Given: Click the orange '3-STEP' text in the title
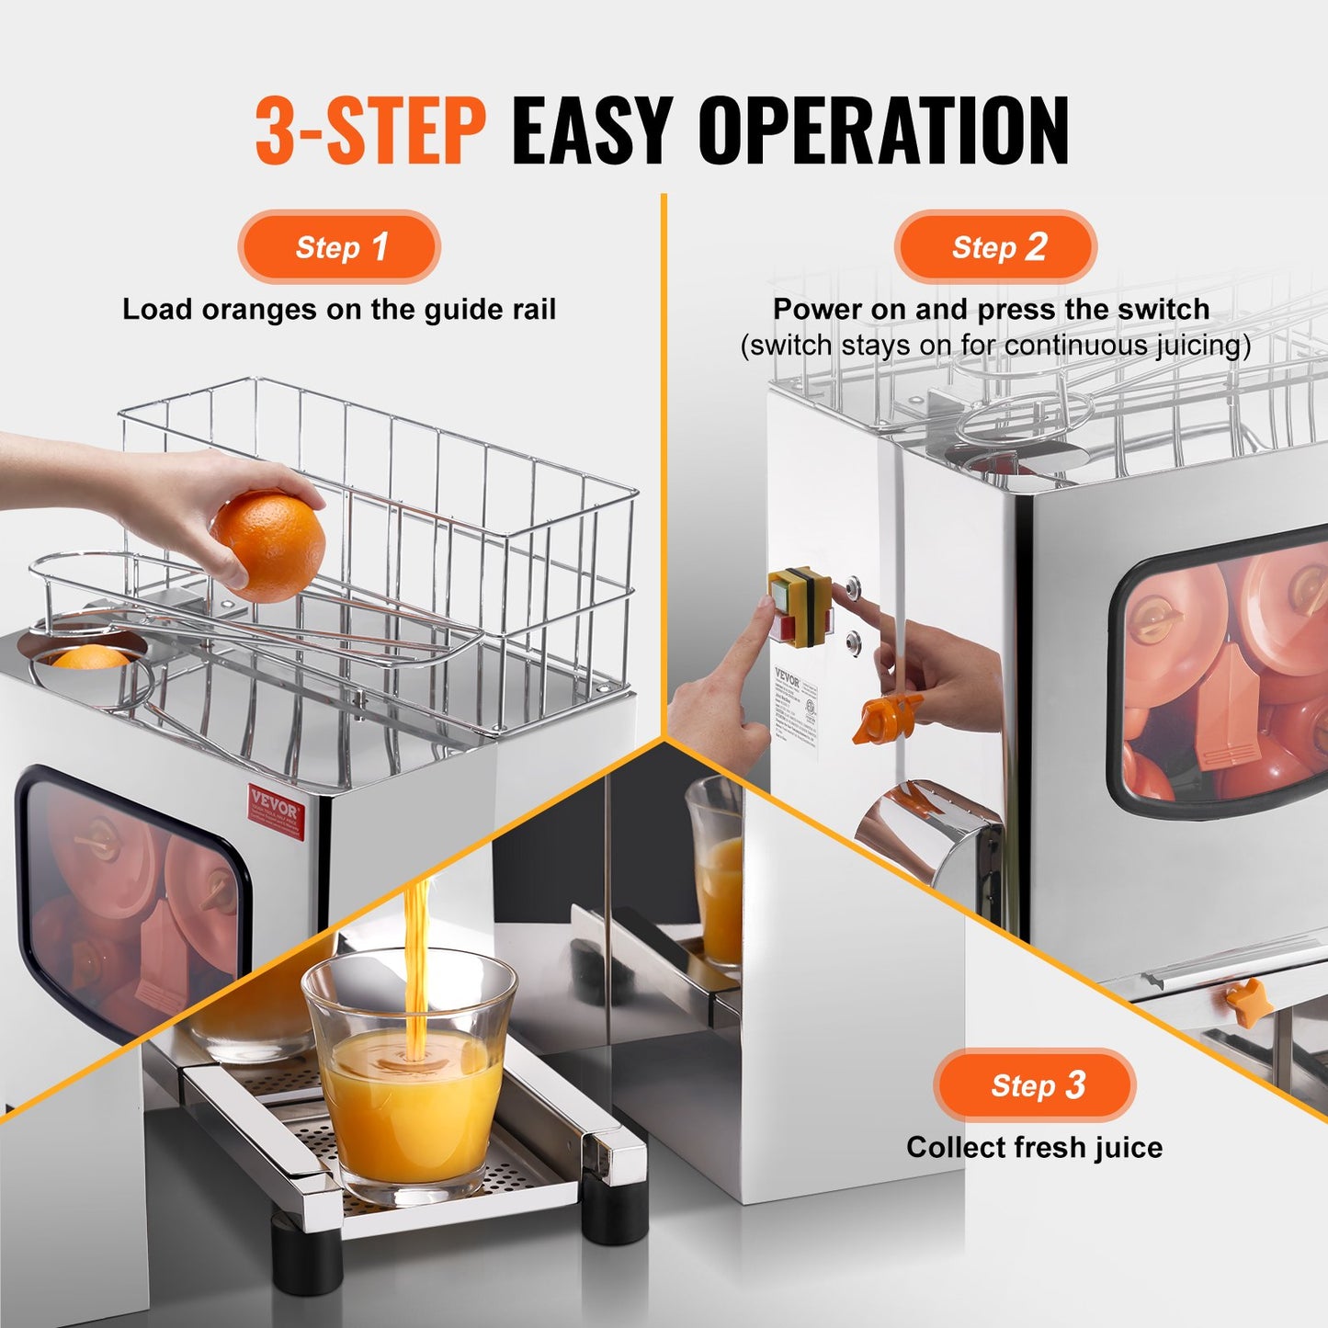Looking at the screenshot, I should coord(369,131).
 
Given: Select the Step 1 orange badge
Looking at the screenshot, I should coord(339,247).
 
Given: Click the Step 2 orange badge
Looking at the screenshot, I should coord(995,247).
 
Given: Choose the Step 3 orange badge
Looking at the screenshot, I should coord(1035,1085).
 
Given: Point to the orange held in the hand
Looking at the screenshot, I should coord(269,545).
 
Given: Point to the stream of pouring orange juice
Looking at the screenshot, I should coord(416,956).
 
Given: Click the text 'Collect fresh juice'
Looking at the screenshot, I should coord(1034,1148).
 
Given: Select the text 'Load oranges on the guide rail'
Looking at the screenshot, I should coord(339,310).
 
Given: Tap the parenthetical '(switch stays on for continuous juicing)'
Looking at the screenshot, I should coord(995,346).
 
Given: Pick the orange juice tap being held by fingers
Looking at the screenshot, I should coord(885,717).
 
